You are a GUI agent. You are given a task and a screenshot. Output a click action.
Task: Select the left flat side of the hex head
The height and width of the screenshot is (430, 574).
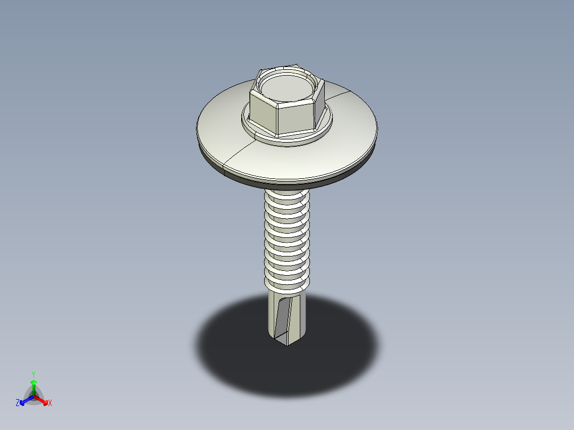point(262,112)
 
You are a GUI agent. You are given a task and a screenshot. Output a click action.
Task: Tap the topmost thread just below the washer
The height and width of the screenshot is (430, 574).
point(288,196)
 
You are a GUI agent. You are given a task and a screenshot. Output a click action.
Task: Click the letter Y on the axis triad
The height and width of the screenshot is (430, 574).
point(33,374)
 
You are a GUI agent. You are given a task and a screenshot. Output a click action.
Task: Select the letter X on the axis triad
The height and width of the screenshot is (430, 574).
point(50,403)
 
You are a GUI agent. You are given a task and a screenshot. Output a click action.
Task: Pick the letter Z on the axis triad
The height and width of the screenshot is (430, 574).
point(18,403)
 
